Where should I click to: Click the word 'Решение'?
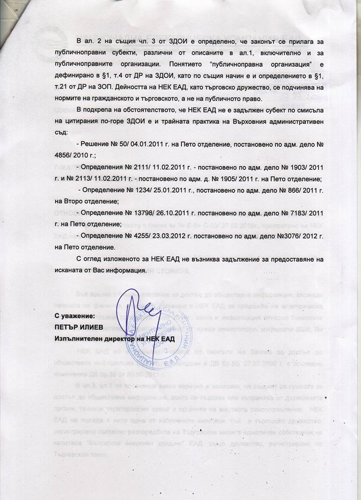96,143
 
